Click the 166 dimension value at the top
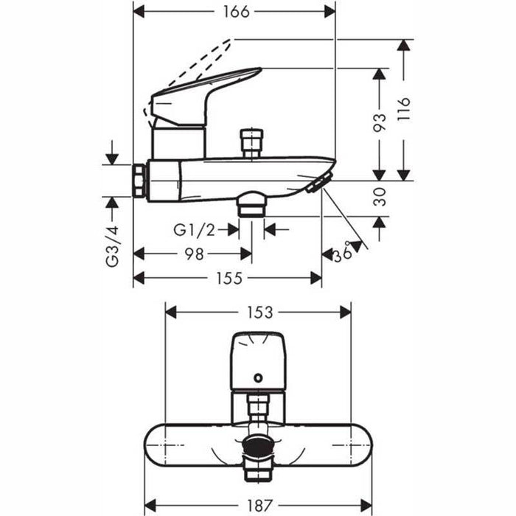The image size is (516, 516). coord(235,12)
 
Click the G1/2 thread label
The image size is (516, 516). coord(194,231)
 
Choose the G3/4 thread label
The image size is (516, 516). coord(112,247)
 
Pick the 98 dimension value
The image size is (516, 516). coord(193,254)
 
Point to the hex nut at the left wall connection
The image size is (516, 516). coord(140,181)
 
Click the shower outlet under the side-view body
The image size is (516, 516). coord(252,202)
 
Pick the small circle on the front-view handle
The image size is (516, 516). coord(257,378)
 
